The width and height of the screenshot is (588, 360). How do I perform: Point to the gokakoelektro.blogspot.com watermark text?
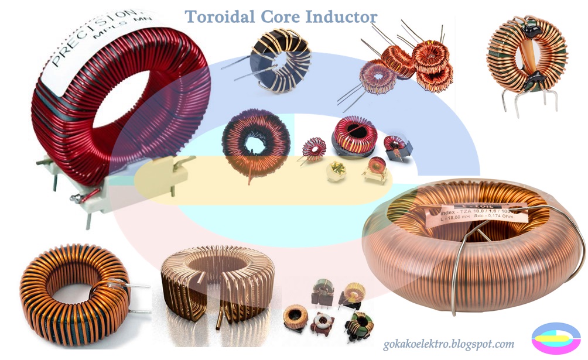449,344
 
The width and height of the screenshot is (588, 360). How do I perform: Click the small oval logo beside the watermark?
555,339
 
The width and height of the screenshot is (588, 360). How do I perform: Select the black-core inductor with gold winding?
279,61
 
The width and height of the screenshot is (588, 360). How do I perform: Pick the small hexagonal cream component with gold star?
337,170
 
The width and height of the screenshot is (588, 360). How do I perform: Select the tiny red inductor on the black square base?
396,146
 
